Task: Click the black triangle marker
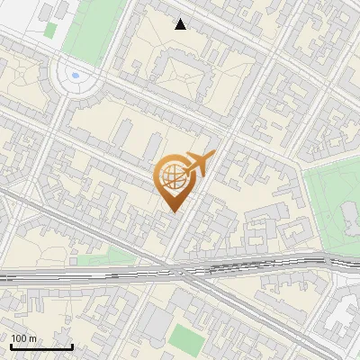pyautogui.click(x=181, y=24)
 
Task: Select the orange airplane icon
pyautogui.click(x=199, y=164)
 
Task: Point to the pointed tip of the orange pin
pyautogui.click(x=173, y=211)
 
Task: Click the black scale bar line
pyautogui.click(x=41, y=346)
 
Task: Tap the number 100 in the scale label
pyautogui.click(x=20, y=338)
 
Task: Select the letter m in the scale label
pyautogui.click(x=32, y=338)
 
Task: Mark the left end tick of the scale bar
pyautogui.click(x=11, y=345)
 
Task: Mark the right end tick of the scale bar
pyautogui.click(x=72, y=345)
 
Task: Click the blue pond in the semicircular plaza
pyautogui.click(x=75, y=76)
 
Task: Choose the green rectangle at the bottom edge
pyautogui.click(x=187, y=340)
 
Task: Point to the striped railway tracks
pyautogui.click(x=252, y=265)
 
